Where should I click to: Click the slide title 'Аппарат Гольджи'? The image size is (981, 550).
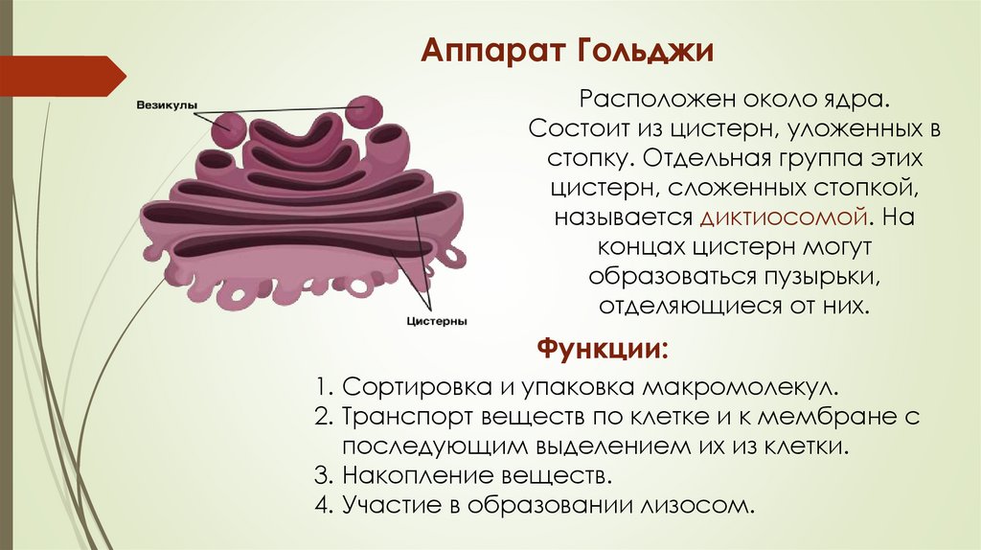point(569,50)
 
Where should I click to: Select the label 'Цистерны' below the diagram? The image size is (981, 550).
point(436,322)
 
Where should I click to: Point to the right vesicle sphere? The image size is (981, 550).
point(364,111)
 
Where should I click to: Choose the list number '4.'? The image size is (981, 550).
point(325,504)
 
